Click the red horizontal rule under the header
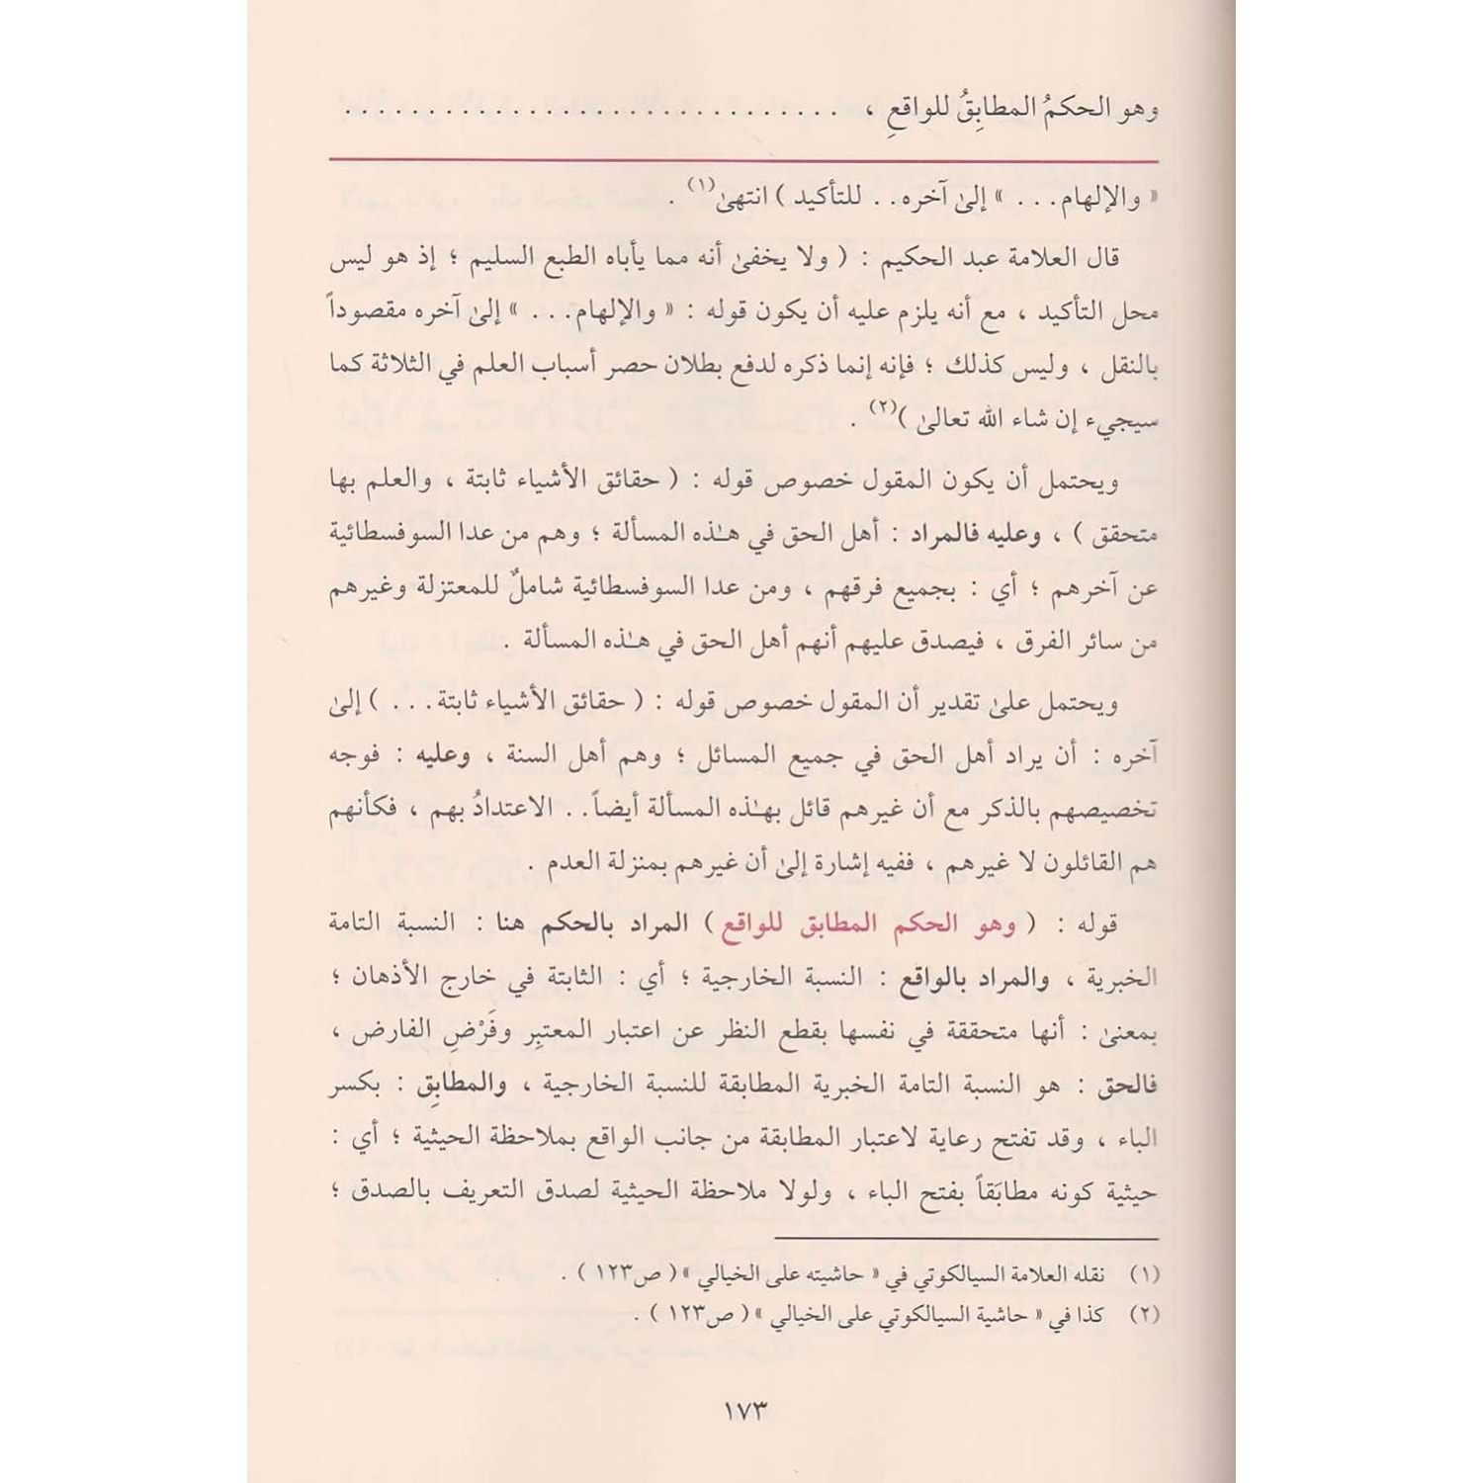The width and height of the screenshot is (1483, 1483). pos(741,159)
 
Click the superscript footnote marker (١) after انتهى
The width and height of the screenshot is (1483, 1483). pos(699,186)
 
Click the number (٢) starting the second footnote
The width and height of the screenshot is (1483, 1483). pos(1143,1316)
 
